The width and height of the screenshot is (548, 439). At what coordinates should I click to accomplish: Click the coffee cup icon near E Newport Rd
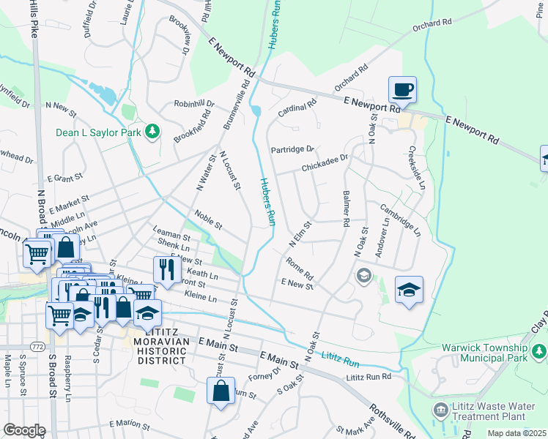coord(401,89)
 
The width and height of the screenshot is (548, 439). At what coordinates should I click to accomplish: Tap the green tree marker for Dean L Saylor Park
coord(152,131)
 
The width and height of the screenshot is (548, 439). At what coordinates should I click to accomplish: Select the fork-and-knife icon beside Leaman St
coord(167,269)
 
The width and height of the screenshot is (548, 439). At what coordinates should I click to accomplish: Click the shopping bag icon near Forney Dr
coord(221,390)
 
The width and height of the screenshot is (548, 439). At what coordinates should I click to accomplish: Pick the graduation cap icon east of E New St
coord(409,289)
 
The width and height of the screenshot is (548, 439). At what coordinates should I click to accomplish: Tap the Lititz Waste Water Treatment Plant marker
coord(440,408)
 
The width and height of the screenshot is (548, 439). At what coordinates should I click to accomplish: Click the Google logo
coord(23,430)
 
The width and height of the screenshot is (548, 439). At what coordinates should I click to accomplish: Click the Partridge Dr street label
coord(292,149)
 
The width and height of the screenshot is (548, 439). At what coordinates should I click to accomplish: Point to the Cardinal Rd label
coord(297,110)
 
